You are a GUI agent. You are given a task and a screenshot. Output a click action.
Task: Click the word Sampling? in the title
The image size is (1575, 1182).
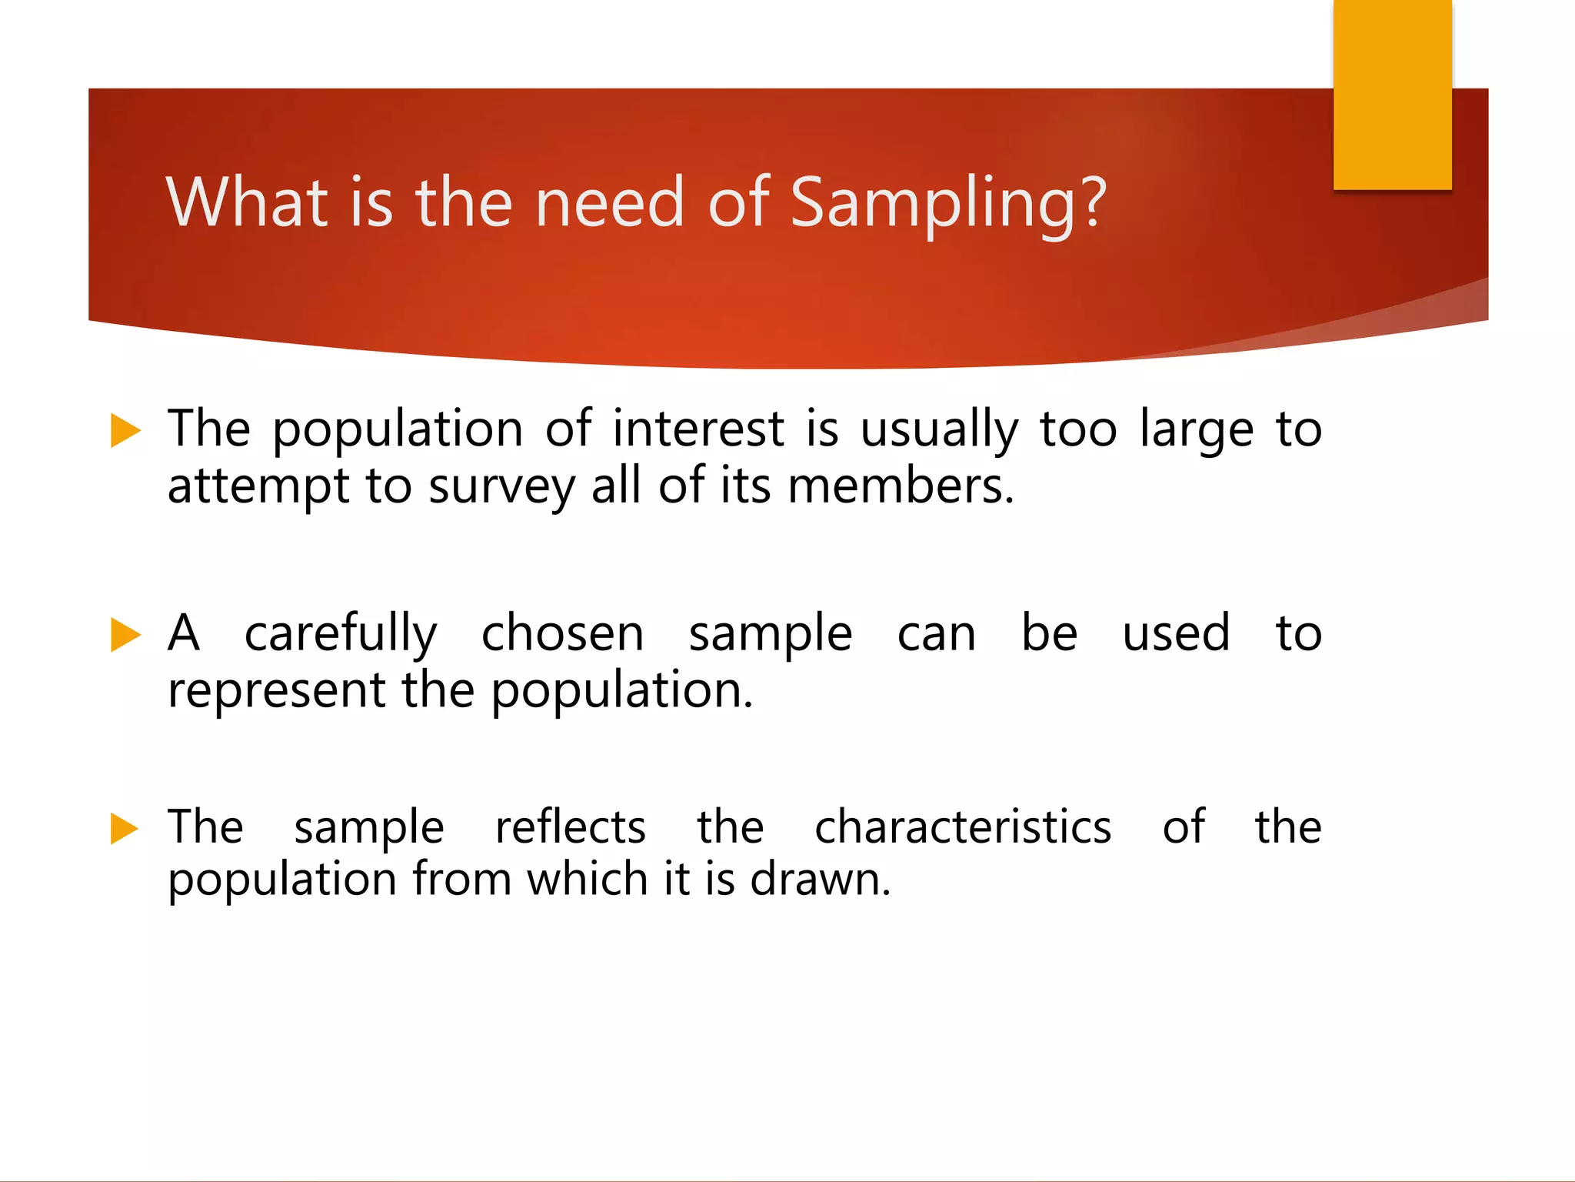coord(947,203)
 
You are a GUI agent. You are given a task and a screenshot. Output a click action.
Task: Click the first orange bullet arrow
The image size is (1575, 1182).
coord(125,430)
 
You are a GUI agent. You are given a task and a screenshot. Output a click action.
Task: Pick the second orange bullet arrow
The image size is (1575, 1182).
coord(125,635)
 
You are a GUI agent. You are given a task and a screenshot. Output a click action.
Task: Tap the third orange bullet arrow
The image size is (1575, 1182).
coord(125,829)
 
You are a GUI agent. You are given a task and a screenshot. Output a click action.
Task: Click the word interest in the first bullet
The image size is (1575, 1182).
coord(698,429)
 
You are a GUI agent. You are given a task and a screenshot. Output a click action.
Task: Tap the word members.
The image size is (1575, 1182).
coord(901,486)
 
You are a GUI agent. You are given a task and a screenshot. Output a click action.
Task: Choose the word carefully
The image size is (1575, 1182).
coord(341,635)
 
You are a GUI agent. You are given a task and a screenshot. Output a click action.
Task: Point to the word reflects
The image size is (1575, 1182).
coord(570,827)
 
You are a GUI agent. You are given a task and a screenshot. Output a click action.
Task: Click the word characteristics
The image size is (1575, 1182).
coord(963,827)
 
